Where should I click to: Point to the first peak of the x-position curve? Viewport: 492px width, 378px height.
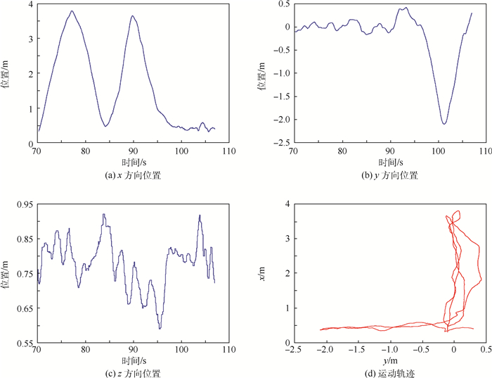[72, 11]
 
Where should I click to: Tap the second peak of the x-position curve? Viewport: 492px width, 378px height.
[132, 16]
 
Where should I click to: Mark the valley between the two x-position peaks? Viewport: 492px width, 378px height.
[105, 127]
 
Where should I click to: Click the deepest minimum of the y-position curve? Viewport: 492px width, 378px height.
[444, 124]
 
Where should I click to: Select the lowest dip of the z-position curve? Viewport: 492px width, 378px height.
[160, 328]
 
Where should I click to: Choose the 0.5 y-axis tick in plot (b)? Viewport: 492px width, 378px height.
[285, 4]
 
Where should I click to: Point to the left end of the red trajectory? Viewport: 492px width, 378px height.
[321, 329]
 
